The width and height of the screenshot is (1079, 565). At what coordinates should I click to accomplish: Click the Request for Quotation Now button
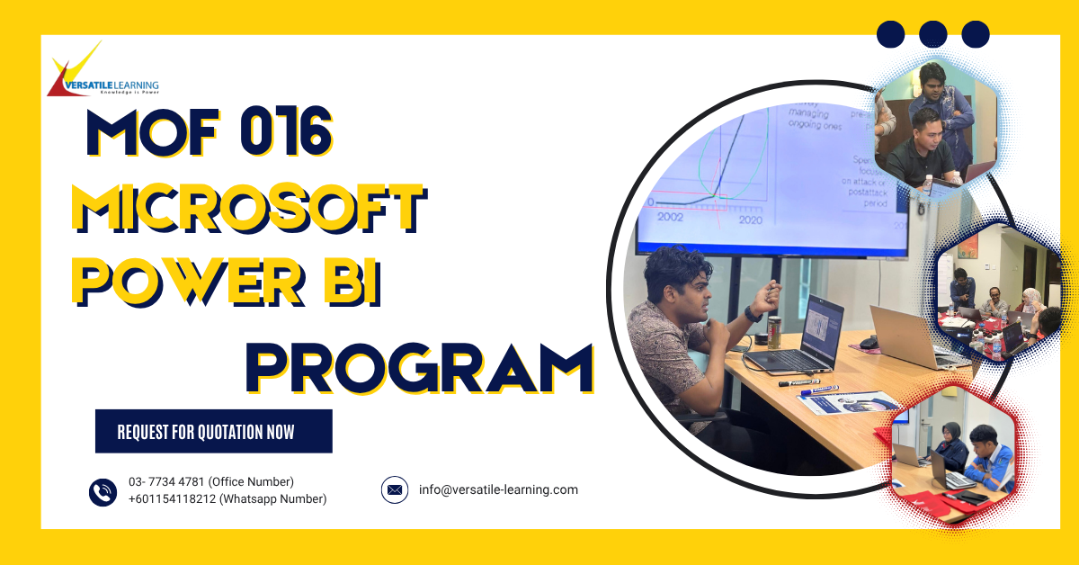[213, 432]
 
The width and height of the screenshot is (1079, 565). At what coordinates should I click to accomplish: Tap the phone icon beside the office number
[103, 491]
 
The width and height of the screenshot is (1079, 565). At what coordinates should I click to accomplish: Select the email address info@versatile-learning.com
[498, 490]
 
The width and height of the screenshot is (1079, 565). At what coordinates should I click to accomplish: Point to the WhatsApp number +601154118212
[227, 499]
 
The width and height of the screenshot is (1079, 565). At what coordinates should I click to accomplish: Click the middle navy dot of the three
[933, 34]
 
